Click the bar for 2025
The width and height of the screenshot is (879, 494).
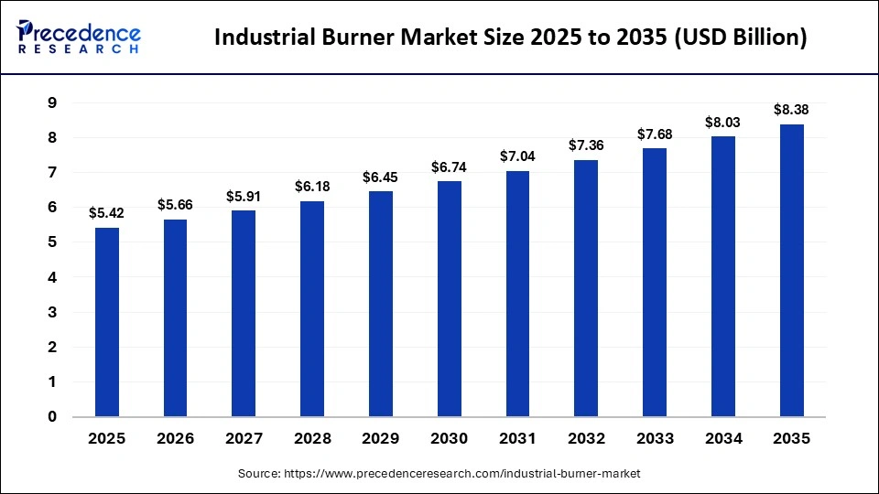[107, 322]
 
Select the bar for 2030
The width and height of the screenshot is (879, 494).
[450, 299]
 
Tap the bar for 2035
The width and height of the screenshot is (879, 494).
[791, 271]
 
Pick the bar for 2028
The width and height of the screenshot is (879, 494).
[312, 309]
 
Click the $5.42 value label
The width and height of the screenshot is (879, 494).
[107, 213]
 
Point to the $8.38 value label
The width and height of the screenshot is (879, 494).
[791, 110]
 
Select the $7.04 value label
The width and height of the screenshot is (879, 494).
[517, 156]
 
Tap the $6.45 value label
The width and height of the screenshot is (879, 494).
[381, 177]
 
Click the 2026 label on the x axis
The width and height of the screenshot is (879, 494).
[176, 439]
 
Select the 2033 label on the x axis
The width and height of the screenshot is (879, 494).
[655, 439]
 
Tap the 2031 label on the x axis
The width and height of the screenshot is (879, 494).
[517, 439]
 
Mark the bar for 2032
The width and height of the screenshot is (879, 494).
[586, 289]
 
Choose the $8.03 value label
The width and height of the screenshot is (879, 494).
[722, 122]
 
